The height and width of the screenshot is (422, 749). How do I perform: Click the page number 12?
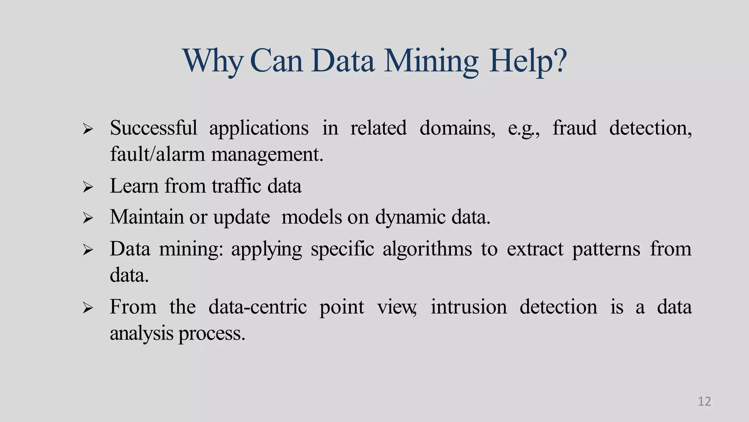tap(704, 401)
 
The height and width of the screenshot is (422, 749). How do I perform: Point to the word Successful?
tap(153, 128)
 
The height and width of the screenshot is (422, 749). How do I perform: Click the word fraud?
tap(574, 128)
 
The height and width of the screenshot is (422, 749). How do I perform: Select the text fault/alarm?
tap(157, 154)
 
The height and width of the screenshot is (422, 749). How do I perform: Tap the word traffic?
tap(236, 186)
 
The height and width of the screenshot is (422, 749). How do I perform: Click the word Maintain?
tap(147, 217)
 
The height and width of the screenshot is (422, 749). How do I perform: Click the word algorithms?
tap(427, 249)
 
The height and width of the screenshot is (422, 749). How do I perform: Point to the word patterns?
tap(606, 249)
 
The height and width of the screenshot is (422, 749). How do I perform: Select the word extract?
tap(535, 249)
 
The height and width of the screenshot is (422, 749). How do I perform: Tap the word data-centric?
tap(257, 307)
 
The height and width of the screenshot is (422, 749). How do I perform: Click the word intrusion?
tap(468, 307)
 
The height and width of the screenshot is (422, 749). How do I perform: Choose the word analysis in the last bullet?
tap(142, 334)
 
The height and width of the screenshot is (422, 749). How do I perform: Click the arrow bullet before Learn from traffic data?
tap(88, 187)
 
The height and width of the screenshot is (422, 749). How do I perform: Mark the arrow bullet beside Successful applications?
tap(88, 129)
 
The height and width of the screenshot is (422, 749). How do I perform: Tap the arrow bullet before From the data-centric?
tap(88, 308)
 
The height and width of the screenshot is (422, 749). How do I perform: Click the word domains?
tap(457, 128)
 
